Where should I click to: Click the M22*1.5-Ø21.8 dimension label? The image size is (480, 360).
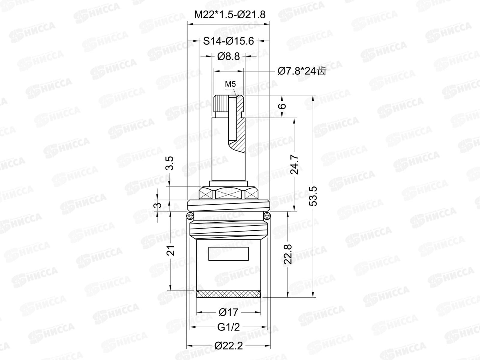pyautogui.click(x=229, y=14)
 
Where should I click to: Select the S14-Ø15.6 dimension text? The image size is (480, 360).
pyautogui.click(x=228, y=41)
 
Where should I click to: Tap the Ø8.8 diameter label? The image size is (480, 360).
pyautogui.click(x=228, y=56)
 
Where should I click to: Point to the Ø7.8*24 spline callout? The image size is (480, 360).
pyautogui.click(x=301, y=71)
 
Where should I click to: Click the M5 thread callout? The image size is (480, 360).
pyautogui.click(x=230, y=84)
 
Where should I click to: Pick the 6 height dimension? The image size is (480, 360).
pyautogui.click(x=283, y=106)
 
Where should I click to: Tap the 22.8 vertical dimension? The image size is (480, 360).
pyautogui.click(x=288, y=254)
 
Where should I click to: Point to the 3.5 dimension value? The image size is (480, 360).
pyautogui.click(x=170, y=163)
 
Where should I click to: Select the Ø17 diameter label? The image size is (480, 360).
pyautogui.click(x=228, y=312)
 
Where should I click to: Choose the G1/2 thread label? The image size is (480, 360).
pyautogui.click(x=228, y=327)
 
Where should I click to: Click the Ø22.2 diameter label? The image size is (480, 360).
pyautogui.click(x=228, y=346)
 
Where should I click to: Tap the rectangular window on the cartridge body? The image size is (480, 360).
pyautogui.click(x=229, y=254)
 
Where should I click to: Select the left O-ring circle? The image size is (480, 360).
pyautogui.click(x=189, y=215)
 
